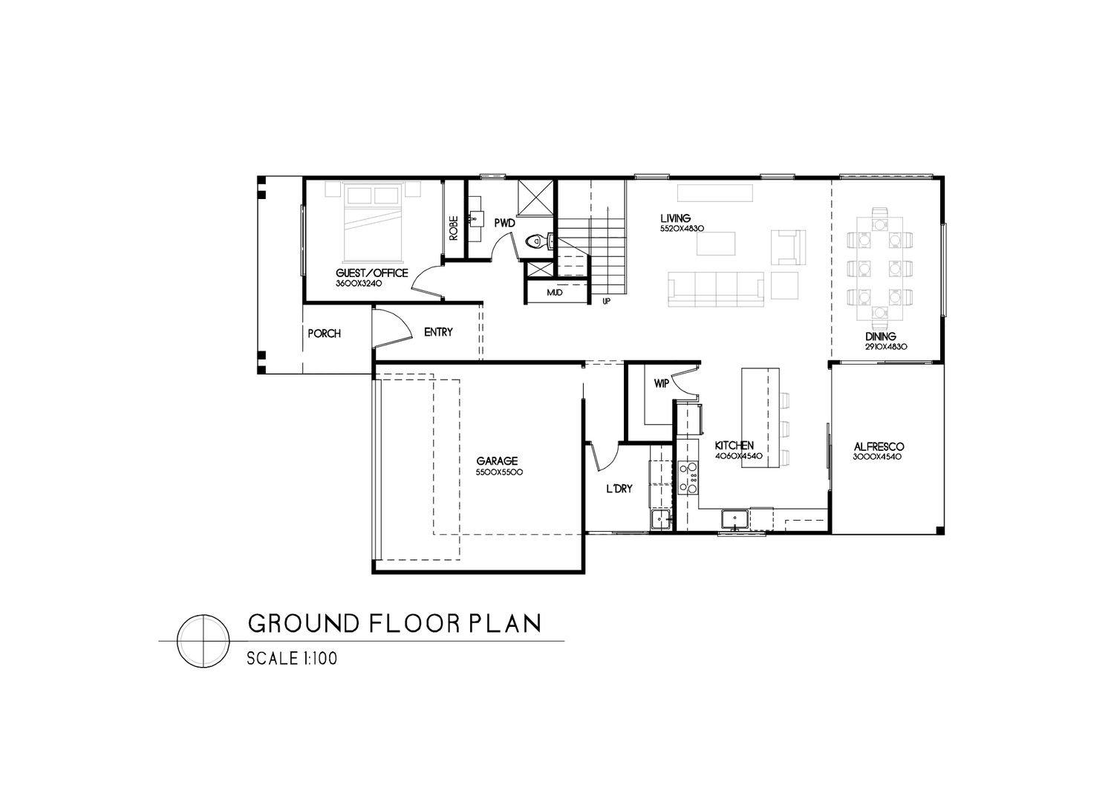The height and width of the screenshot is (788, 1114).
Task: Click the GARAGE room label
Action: (497, 460)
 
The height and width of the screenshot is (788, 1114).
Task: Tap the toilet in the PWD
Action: (533, 241)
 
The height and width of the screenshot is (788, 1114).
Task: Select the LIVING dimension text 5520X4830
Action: (681, 229)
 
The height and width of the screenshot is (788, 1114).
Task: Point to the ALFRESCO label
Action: (878, 446)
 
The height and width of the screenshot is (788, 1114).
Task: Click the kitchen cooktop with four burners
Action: (688, 478)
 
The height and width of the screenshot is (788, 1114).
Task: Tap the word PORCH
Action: (324, 333)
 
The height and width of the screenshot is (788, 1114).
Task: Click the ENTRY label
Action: (438, 332)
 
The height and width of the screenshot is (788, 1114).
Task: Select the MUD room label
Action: (554, 293)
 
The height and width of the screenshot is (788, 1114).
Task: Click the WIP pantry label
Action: (661, 384)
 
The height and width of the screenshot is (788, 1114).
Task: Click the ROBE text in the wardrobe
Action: (454, 227)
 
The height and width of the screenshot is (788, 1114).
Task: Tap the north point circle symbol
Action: (202, 642)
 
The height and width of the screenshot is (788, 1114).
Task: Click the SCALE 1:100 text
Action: (292, 659)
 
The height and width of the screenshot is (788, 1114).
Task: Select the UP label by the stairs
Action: (606, 302)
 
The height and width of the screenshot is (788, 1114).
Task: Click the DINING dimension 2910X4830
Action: (886, 347)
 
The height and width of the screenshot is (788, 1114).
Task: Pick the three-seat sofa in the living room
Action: (715, 289)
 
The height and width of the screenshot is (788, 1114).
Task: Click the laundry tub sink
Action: (659, 519)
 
